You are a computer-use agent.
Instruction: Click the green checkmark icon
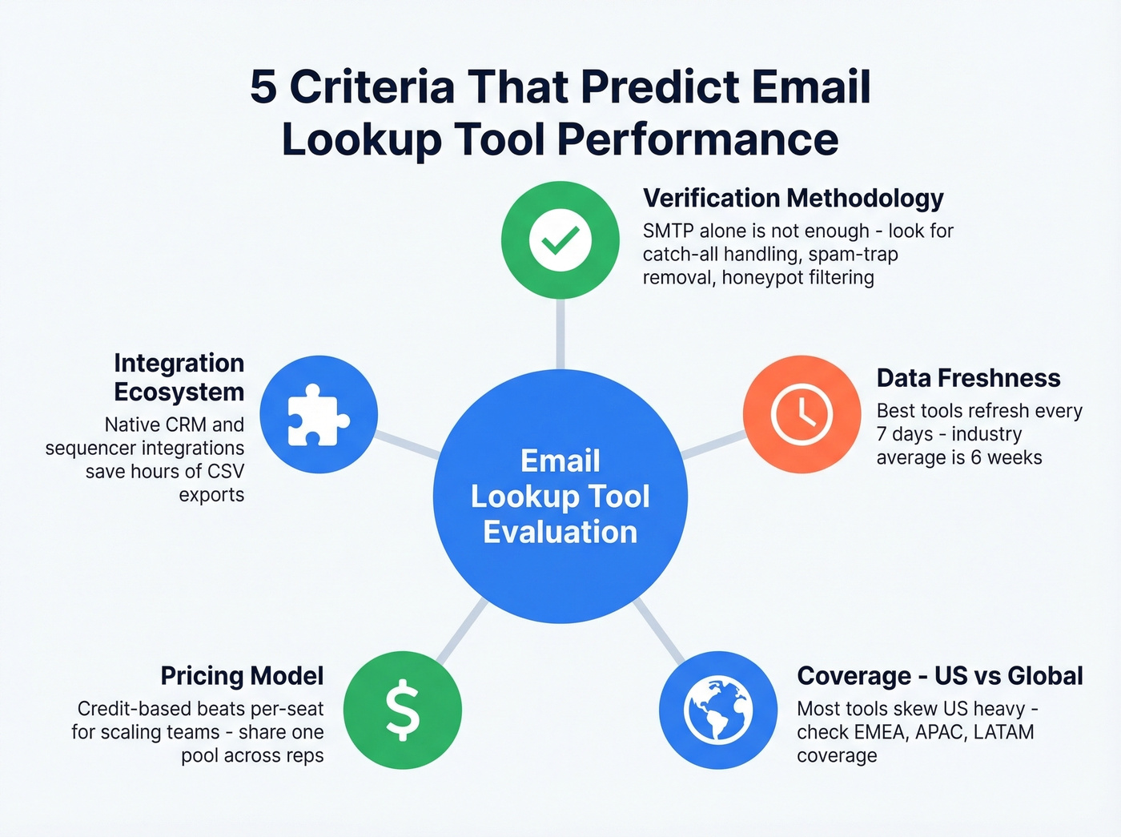[560, 240]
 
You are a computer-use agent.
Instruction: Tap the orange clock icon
[802, 414]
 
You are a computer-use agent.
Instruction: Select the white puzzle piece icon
[319, 415]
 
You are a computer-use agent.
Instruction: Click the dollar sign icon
[403, 710]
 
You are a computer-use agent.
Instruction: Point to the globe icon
[718, 710]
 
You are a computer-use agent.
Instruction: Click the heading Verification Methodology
[793, 198]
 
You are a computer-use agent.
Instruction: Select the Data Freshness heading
[968, 378]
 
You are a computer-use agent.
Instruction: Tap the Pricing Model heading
[242, 676]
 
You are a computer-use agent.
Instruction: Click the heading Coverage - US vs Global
[939, 676]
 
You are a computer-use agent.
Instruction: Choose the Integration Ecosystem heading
[179, 377]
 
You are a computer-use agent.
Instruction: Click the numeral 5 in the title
[263, 87]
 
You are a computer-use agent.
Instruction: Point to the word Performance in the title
[697, 140]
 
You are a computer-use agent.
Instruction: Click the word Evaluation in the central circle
[560, 533]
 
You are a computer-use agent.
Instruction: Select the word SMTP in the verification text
[668, 231]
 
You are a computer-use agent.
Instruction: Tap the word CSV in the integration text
[225, 472]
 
